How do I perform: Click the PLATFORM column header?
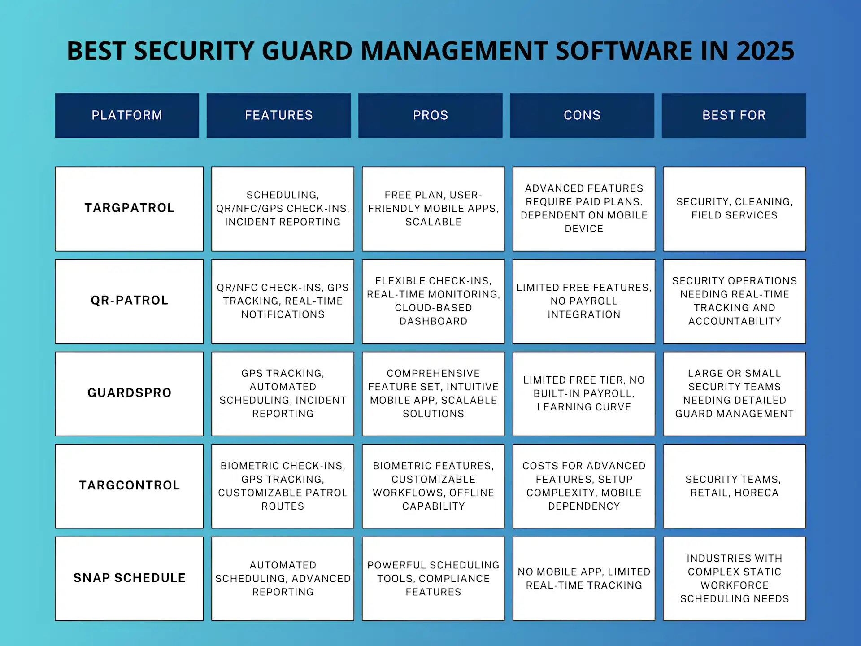[127, 115]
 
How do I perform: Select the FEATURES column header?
[278, 115]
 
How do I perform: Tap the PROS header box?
[430, 115]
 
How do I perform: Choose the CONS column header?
[582, 115]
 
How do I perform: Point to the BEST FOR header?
[734, 115]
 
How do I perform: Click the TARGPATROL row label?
[129, 208]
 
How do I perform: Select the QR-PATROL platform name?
[129, 301]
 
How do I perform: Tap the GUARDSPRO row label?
[129, 393]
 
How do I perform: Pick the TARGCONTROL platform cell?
[129, 485]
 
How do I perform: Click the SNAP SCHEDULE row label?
[129, 578]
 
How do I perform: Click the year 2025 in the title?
[765, 51]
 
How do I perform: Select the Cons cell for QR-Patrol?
[583, 301]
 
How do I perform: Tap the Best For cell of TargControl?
[734, 486]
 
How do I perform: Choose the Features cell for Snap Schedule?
[283, 578]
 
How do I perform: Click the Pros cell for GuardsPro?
[433, 393]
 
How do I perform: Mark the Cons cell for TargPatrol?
[583, 209]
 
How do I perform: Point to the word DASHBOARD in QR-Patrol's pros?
[433, 321]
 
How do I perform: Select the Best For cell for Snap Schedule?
[734, 578]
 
